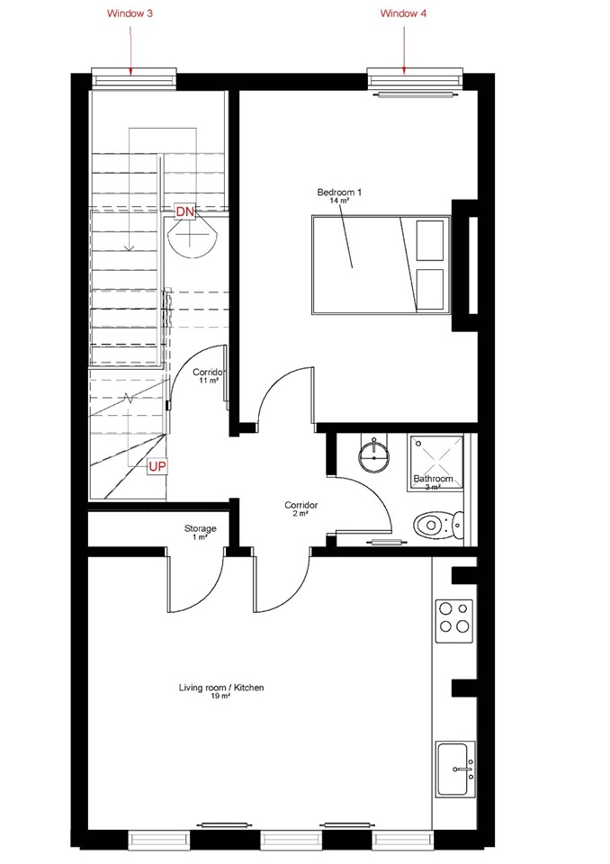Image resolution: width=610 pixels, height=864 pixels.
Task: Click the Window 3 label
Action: pyautogui.click(x=130, y=13)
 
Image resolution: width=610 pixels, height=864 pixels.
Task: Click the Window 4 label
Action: pyautogui.click(x=403, y=13)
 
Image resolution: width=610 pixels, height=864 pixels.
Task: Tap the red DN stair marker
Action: pyautogui.click(x=185, y=211)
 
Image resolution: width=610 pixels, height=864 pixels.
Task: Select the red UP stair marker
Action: pyautogui.click(x=157, y=467)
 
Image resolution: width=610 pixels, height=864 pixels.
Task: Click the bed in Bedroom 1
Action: pyautogui.click(x=381, y=265)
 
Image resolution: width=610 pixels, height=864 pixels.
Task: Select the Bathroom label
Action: pyautogui.click(x=433, y=478)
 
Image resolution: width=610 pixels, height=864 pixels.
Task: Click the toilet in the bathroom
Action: pyautogui.click(x=438, y=525)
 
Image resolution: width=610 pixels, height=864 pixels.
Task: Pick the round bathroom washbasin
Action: pyautogui.click(x=373, y=455)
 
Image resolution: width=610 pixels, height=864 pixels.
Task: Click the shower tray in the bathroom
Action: pyautogui.click(x=435, y=462)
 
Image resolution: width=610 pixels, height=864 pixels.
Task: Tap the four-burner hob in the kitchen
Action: pyautogui.click(x=454, y=621)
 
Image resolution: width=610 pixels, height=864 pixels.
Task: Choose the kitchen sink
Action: pyautogui.click(x=455, y=769)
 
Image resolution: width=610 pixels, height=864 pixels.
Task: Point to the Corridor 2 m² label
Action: pyautogui.click(x=301, y=508)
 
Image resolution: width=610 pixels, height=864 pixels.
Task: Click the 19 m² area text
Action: pyautogui.click(x=220, y=697)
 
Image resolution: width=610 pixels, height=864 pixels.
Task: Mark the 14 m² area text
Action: pyautogui.click(x=339, y=201)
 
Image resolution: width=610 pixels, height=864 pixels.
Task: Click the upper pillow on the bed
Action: pyautogui.click(x=430, y=240)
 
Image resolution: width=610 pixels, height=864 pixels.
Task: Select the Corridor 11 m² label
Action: pyautogui.click(x=209, y=376)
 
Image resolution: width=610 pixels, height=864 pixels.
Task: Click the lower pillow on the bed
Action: pyautogui.click(x=430, y=289)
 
